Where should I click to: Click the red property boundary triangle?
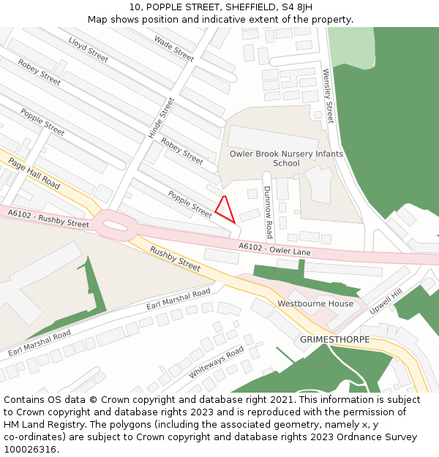[225, 210]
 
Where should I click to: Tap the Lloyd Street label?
[88, 49]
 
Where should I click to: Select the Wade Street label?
[174, 49]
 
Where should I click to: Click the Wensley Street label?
[329, 96]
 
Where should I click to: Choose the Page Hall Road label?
[34, 173]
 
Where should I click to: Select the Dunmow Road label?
[268, 211]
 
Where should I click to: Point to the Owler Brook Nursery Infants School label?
[286, 158]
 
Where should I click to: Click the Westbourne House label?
[315, 303]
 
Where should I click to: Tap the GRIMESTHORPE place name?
[334, 340]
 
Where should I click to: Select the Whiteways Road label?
[217, 362]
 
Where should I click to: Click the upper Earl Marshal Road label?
[179, 299]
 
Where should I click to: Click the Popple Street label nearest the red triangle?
[190, 203]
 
